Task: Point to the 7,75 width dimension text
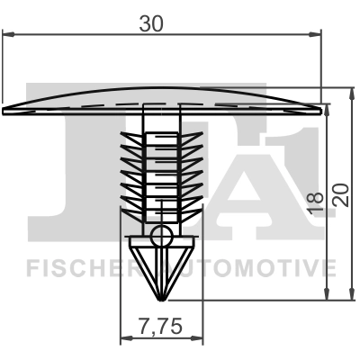163,328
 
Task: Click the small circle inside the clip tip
161,237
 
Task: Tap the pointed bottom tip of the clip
161,301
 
